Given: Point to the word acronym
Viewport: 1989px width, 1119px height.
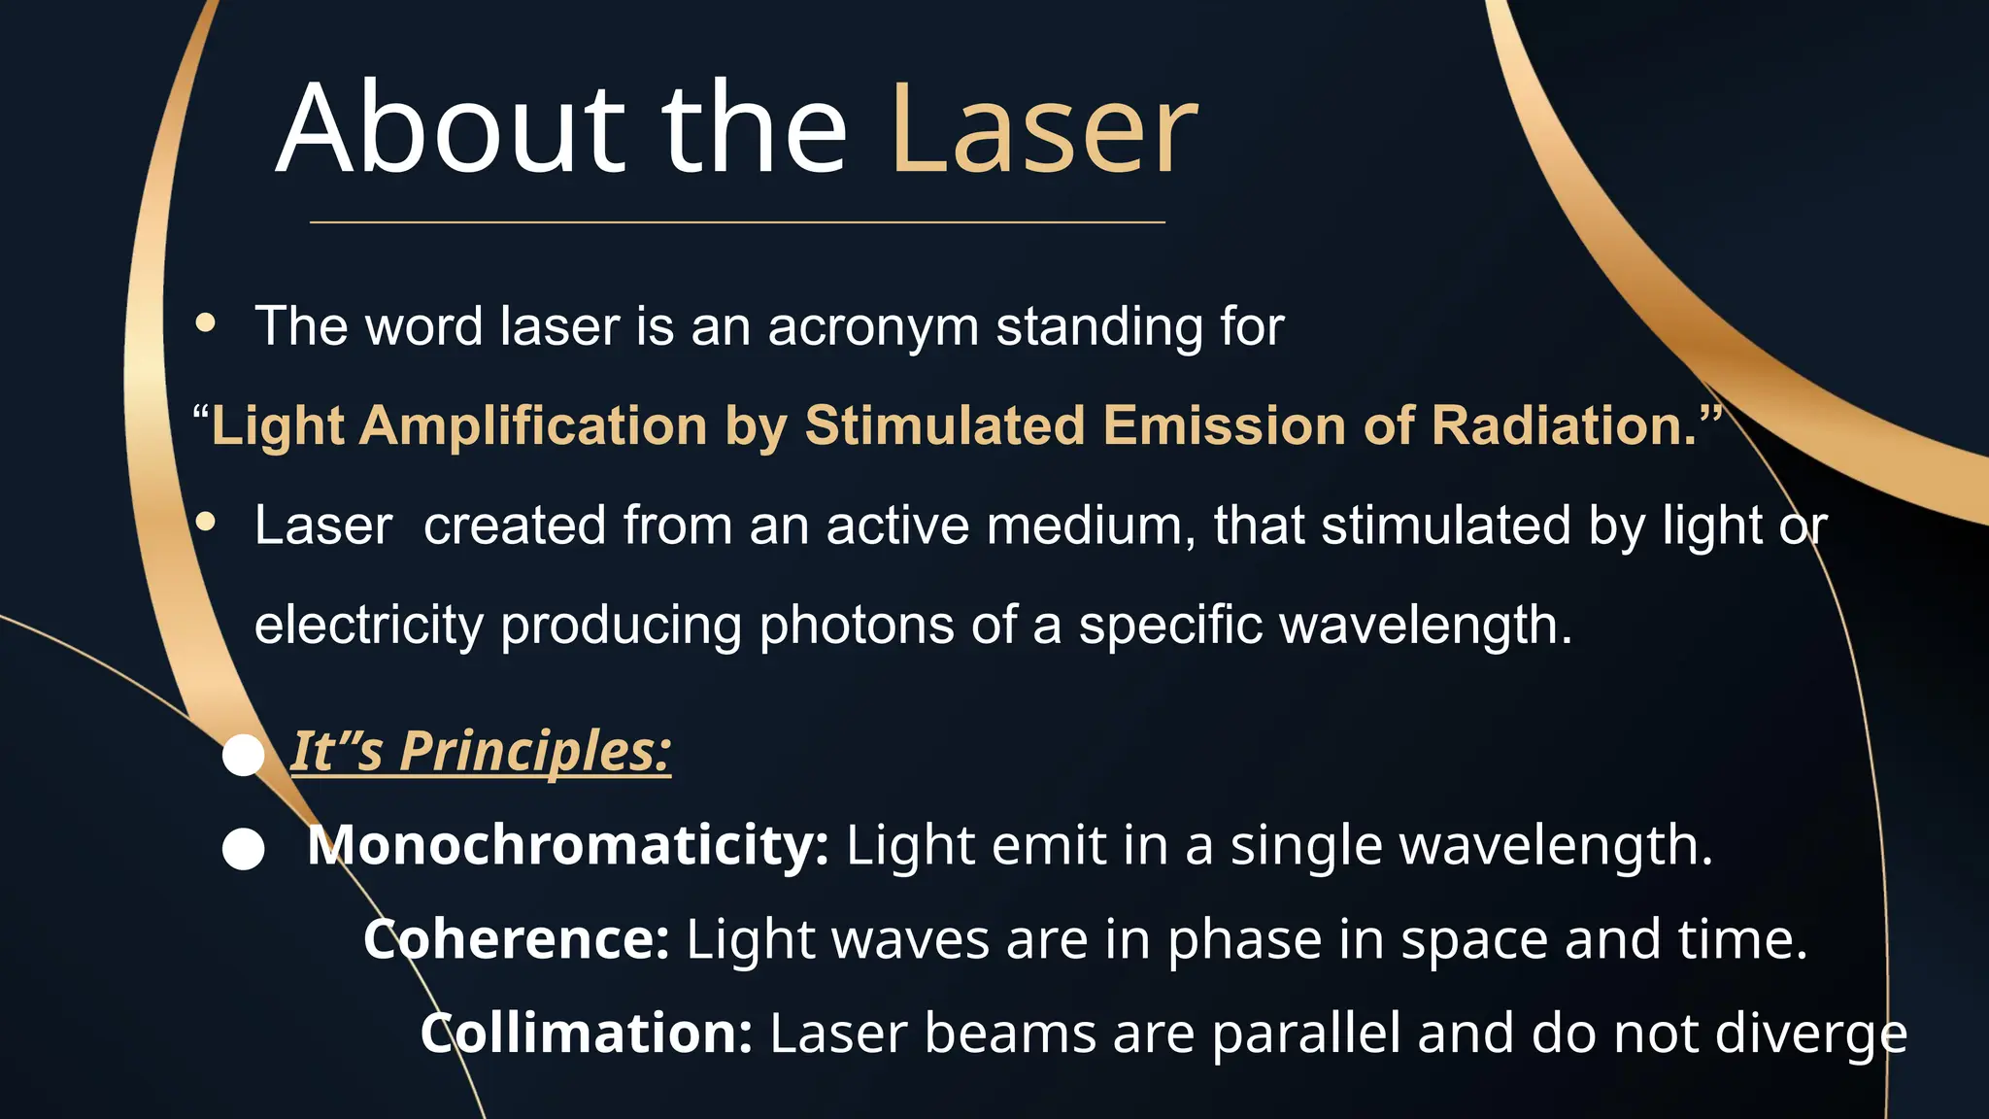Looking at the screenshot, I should [873, 326].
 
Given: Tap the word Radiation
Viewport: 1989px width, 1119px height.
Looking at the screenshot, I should [1564, 425].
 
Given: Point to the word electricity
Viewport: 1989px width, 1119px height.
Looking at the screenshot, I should [369, 625].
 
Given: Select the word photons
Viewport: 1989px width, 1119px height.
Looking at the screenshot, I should [856, 625].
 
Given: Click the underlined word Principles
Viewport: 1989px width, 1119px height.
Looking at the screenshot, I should [535, 751].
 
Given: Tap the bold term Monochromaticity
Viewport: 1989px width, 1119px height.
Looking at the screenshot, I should [568, 845].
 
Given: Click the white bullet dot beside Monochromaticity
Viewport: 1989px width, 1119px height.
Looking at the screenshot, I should [243, 849].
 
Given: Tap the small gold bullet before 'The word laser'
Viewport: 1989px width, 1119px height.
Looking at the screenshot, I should [205, 323].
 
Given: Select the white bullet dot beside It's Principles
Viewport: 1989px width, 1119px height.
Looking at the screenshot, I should [243, 755].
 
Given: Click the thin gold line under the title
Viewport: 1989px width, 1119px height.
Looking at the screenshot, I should [737, 222].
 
